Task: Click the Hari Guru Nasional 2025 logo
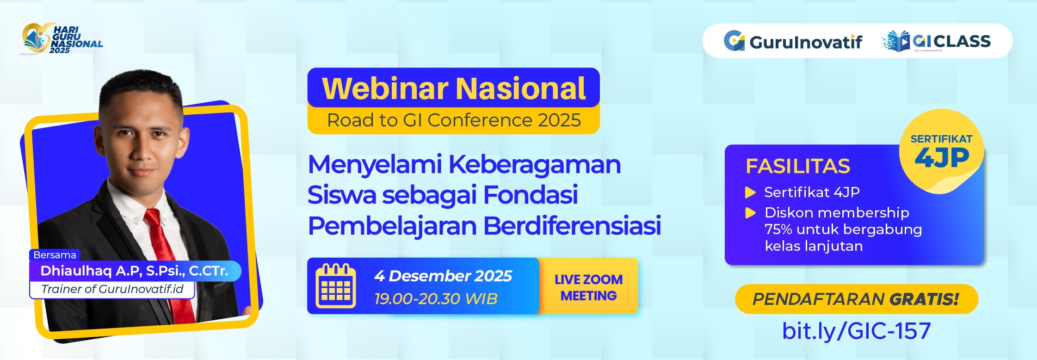pyautogui.click(x=62, y=39)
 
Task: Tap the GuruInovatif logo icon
pyautogui.click(x=734, y=41)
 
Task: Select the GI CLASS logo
pyautogui.click(x=936, y=42)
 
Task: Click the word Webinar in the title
pyautogui.click(x=385, y=88)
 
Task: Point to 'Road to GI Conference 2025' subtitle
pyautogui.click(x=454, y=120)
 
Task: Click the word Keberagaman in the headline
pyautogui.click(x=535, y=165)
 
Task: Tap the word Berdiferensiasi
pyautogui.click(x=572, y=226)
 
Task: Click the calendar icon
pyautogui.click(x=336, y=286)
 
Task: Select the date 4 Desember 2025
pyautogui.click(x=443, y=276)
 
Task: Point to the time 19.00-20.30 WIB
pyautogui.click(x=436, y=299)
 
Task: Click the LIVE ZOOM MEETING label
pyautogui.click(x=588, y=287)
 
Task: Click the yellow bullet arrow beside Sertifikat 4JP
pyautogui.click(x=750, y=192)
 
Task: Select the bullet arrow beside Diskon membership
pyautogui.click(x=750, y=213)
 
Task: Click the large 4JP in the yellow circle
pyautogui.click(x=942, y=158)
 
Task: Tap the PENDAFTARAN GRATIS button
pyautogui.click(x=856, y=299)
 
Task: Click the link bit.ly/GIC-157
pyautogui.click(x=856, y=331)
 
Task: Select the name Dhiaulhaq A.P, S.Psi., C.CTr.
pyautogui.click(x=134, y=271)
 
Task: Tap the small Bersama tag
pyautogui.click(x=55, y=255)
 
